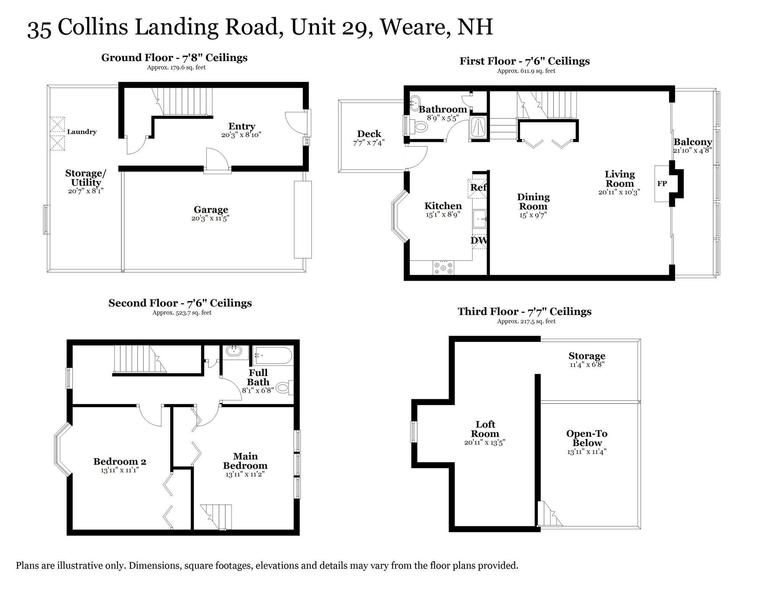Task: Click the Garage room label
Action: [x=210, y=210]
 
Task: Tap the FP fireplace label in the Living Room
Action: [x=662, y=184]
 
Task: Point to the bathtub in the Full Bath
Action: [x=273, y=356]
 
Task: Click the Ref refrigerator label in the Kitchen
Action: [x=478, y=188]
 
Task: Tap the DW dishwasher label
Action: [x=479, y=241]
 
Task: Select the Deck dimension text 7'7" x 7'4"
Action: [x=369, y=143]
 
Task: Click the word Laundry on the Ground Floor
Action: [x=82, y=132]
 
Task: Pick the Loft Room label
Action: [x=485, y=429]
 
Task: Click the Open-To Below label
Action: [x=587, y=438]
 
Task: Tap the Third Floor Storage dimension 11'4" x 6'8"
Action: [x=587, y=364]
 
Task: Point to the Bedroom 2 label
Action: [x=120, y=461]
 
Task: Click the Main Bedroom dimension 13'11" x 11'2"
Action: [x=245, y=474]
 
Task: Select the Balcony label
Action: [x=693, y=142]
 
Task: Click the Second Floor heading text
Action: [x=180, y=303]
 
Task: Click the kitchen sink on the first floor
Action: [x=479, y=219]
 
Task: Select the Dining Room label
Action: [x=533, y=202]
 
